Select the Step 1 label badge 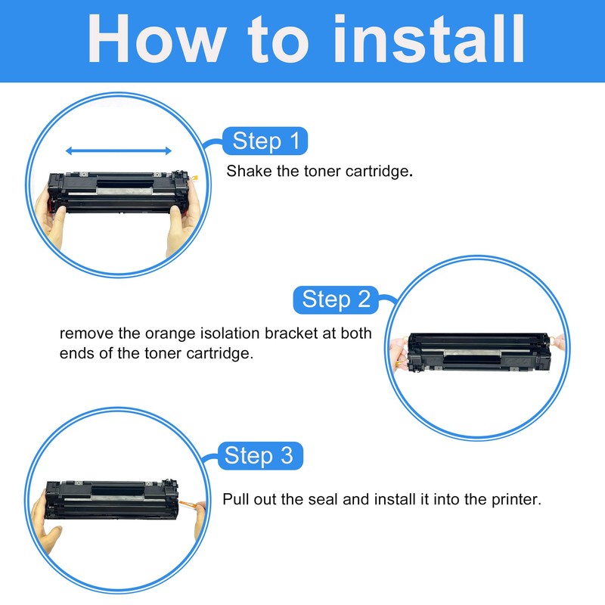click(265, 141)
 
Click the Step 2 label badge click(336, 299)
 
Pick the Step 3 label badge click(259, 456)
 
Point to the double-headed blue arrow click(118, 151)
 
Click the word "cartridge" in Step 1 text click(375, 171)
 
